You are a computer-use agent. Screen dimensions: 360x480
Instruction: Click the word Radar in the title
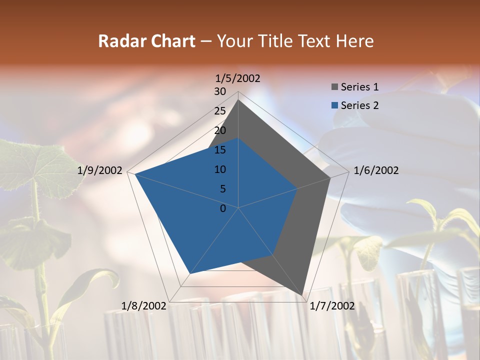(x=118, y=41)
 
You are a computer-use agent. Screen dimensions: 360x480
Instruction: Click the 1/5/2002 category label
(x=238, y=78)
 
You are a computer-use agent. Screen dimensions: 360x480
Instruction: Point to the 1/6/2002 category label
(x=376, y=170)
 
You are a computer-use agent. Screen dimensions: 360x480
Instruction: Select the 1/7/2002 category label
(x=332, y=306)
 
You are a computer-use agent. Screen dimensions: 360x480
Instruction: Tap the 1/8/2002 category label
(x=144, y=306)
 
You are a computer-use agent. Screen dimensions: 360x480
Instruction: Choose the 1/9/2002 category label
(x=100, y=170)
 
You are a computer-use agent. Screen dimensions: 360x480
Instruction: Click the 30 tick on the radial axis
(x=219, y=91)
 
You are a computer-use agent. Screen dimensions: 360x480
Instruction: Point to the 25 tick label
(x=219, y=111)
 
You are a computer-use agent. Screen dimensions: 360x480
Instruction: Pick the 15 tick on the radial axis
(x=219, y=150)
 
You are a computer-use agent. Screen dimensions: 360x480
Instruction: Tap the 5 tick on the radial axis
(x=222, y=189)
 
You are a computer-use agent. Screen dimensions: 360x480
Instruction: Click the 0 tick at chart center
(x=223, y=208)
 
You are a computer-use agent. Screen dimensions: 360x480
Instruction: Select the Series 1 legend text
(x=359, y=87)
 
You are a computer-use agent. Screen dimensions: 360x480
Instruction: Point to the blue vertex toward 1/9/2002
(x=134, y=174)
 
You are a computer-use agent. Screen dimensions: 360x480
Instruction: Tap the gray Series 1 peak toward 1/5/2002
(x=238, y=100)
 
